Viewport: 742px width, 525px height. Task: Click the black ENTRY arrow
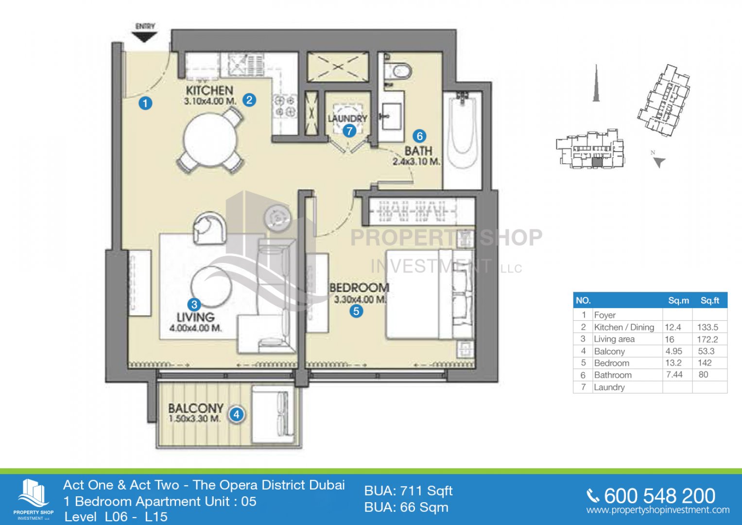[144, 36]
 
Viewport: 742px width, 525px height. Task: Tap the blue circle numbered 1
[145, 103]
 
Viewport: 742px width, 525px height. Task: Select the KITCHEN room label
[209, 90]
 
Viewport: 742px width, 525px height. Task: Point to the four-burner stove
[284, 106]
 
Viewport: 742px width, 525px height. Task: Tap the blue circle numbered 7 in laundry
[349, 131]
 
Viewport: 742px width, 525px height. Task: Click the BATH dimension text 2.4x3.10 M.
[416, 162]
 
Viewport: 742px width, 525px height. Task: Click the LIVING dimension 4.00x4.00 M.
[195, 329]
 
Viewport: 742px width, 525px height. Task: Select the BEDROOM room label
[360, 288]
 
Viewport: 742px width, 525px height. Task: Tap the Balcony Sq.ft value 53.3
[706, 351]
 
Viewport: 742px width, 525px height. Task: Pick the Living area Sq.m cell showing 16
[669, 339]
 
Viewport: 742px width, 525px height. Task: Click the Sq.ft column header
[710, 300]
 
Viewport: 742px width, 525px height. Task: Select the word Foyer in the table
[605, 315]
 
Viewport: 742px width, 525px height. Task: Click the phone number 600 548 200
[659, 496]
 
